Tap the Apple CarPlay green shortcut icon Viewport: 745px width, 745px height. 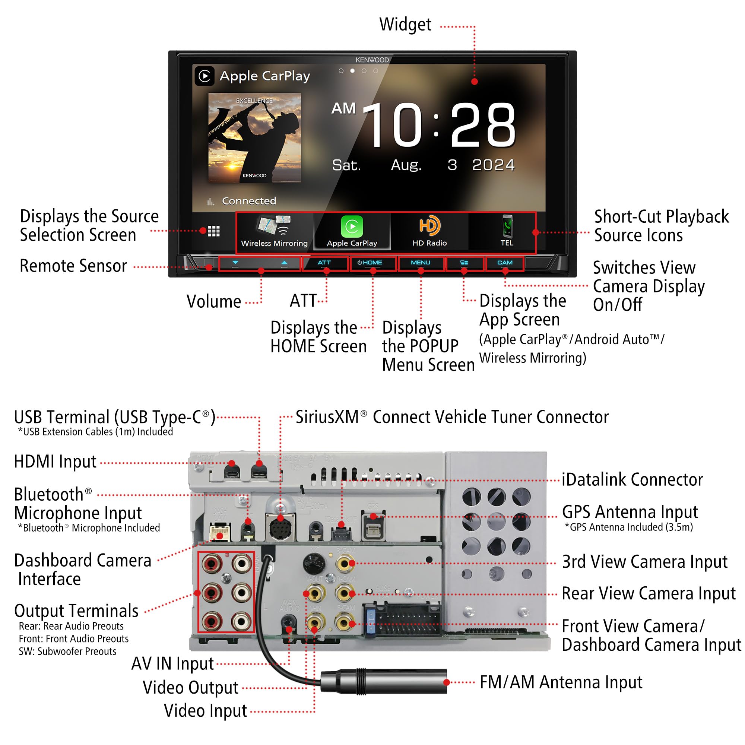pos(352,226)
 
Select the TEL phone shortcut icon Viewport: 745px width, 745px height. pos(507,226)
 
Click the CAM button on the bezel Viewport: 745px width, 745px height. pos(505,263)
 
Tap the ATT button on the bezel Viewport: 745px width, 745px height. pos(324,263)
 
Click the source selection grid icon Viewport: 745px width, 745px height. pos(213,231)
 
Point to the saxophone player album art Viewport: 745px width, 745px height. pos(254,137)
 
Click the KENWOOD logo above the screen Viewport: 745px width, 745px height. pos(372,60)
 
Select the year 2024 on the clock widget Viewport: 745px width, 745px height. pos(494,165)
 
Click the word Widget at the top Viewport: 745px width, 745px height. pos(405,25)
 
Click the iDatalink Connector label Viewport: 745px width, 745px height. pos(632,480)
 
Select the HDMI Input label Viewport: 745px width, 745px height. pos(55,462)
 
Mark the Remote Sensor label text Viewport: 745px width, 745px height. pos(73,266)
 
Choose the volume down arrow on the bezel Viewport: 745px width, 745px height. pos(235,263)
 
